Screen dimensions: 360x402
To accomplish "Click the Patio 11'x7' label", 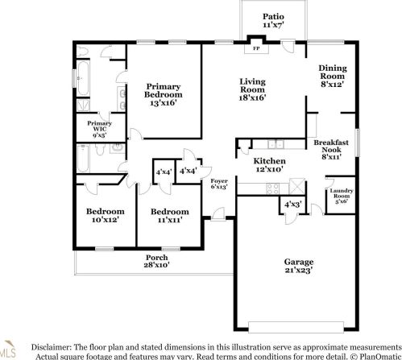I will [274, 21].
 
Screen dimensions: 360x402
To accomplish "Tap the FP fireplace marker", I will [257, 48].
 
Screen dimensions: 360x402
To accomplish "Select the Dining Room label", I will [333, 74].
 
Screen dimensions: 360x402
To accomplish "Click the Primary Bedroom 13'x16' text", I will [166, 94].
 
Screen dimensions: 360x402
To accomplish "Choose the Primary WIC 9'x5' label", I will [100, 128].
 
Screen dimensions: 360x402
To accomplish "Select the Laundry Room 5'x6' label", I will [340, 196].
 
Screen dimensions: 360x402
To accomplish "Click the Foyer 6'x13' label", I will [219, 184].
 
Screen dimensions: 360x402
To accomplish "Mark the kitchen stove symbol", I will [272, 187].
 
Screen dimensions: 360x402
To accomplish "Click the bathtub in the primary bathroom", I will [84, 77].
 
